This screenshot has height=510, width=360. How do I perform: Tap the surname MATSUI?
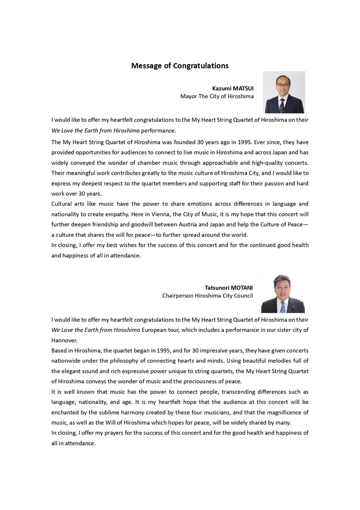242,88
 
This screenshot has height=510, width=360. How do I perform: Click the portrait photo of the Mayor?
284,92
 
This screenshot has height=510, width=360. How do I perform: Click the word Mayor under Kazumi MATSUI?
188,96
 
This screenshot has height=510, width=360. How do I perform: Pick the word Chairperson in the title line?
179,296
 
